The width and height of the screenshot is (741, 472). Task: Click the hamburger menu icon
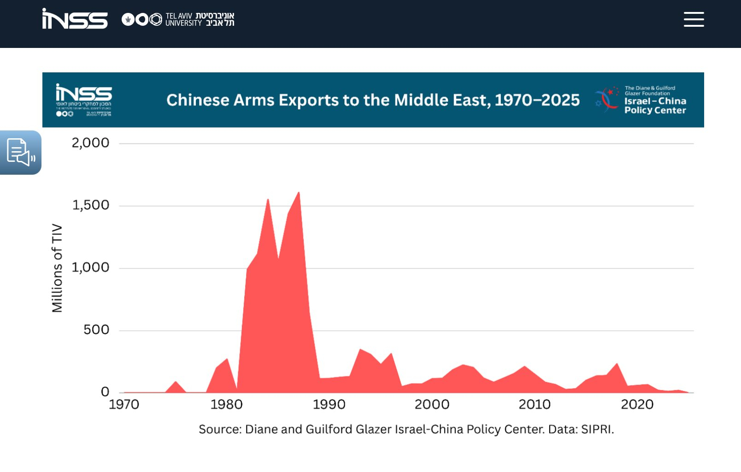tap(694, 19)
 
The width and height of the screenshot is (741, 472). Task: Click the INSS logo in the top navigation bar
tap(75, 19)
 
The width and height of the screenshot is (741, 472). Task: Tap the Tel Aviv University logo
tap(178, 19)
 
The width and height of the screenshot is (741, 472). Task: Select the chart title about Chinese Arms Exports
tap(373, 100)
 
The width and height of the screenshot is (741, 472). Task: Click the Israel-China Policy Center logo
tap(641, 100)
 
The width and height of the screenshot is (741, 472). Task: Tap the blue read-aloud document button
tap(20, 152)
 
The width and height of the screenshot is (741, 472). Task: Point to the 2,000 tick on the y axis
tap(90, 143)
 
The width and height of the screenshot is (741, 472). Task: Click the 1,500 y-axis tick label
tap(91, 205)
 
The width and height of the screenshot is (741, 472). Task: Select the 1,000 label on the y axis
tap(91, 267)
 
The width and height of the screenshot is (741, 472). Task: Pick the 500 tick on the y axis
tap(96, 330)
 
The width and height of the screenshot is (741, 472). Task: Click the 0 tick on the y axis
tap(105, 392)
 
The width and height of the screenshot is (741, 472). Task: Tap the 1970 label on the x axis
tap(124, 405)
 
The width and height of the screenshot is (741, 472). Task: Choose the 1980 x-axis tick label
tap(226, 405)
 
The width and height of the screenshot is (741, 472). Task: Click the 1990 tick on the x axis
tap(329, 405)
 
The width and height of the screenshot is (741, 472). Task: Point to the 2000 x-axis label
tap(432, 405)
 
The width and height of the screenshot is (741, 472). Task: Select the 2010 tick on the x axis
tap(535, 405)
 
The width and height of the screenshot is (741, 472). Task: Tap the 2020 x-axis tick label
tap(637, 405)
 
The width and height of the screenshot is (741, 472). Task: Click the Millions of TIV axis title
tap(57, 268)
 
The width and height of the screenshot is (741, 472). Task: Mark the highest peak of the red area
tap(299, 192)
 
